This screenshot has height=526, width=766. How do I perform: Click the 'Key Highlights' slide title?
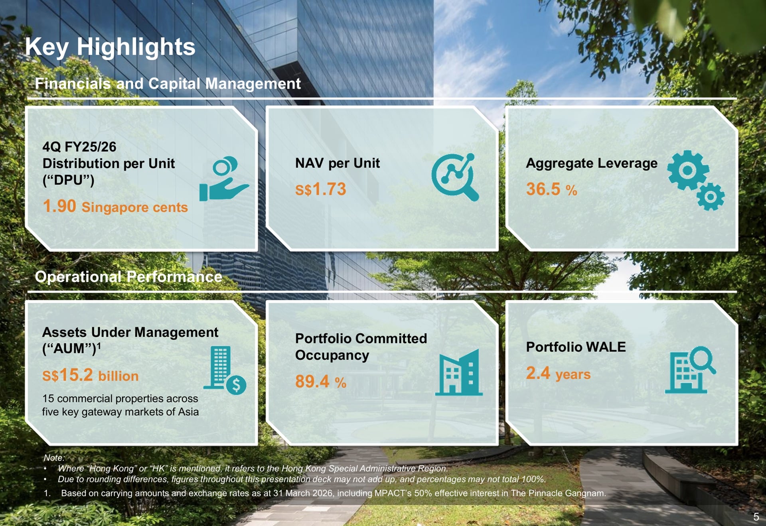coord(110,47)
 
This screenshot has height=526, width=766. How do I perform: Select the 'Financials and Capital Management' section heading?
coord(168,84)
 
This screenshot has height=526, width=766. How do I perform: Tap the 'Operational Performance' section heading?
coord(128,277)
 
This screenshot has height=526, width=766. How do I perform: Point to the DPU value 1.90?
coord(59,206)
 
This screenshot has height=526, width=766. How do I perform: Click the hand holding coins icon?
coord(224,179)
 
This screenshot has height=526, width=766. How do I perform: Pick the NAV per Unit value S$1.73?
coord(320,189)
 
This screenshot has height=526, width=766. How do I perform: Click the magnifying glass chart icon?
coord(455,177)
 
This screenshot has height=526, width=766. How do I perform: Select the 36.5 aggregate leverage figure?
coord(543,189)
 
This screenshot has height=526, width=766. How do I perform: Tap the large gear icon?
coord(688,170)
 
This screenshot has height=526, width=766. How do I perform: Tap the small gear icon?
coord(711,197)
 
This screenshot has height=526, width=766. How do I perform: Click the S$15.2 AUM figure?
coord(67,375)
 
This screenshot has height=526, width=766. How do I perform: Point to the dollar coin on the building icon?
coord(236,385)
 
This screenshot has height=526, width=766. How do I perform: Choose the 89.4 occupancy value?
coord(312,381)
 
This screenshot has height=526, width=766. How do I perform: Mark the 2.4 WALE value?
coord(538,373)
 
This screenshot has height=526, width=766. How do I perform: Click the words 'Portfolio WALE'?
coord(576,347)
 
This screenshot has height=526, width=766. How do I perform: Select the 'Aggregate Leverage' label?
coord(592,163)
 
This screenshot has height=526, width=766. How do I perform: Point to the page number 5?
coord(756,517)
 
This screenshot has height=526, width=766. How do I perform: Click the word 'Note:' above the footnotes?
coord(54,458)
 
